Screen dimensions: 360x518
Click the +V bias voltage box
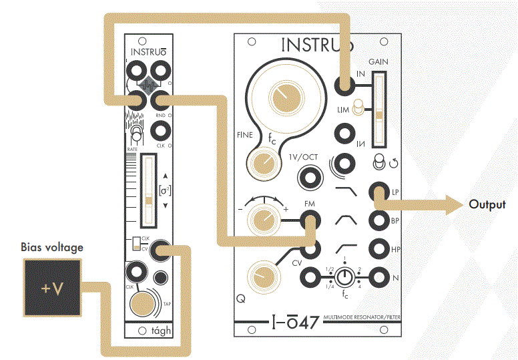54,288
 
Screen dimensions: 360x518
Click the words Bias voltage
52,247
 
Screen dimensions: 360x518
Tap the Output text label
487,204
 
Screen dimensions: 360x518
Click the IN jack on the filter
344,85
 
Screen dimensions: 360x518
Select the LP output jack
378,192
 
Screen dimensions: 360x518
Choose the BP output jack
378,220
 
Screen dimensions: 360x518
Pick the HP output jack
378,248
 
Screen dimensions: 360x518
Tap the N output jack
378,276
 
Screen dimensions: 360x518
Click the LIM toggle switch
358,107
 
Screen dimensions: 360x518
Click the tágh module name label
162,330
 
